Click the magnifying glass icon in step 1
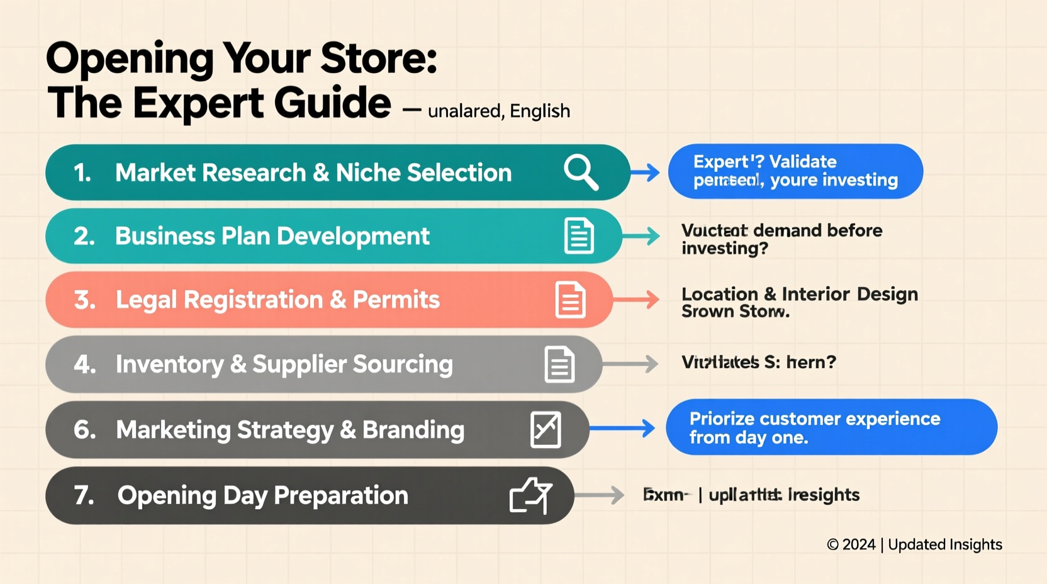581,172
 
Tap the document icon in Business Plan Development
579,236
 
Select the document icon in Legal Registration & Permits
571,300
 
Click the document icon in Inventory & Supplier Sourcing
559,364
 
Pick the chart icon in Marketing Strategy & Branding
546,430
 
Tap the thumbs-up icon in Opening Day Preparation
530,495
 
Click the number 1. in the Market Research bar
82,173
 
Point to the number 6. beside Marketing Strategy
85,430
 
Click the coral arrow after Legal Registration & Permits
635,300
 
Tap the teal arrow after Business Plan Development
641,236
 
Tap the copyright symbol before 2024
832,545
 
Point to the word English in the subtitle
540,111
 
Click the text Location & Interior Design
799,294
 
